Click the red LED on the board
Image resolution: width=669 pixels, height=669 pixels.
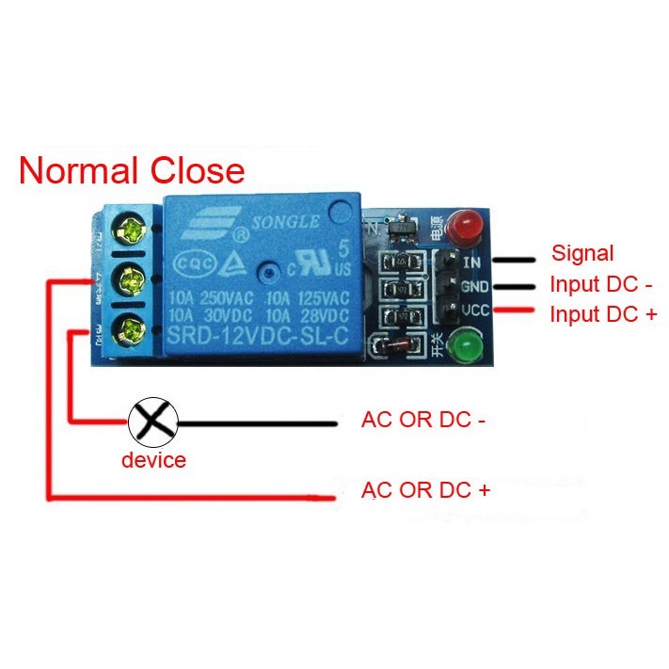462,227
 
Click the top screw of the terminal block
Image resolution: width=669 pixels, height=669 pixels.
128,228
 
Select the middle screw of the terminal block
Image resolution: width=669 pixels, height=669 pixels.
129,279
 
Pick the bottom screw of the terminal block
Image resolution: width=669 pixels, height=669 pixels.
128,328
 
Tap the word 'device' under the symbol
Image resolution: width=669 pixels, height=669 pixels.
153,460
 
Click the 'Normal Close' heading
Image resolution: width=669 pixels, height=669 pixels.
132,171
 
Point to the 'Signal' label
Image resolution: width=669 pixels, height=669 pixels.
581,253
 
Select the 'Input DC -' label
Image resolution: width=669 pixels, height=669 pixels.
600,284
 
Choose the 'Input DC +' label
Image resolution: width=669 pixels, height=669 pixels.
603,314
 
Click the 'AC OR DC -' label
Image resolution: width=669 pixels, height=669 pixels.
423,420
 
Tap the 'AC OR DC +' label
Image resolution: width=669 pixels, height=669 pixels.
426,490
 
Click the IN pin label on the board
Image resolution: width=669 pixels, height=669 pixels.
472,261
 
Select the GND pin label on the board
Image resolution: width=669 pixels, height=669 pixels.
473,286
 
